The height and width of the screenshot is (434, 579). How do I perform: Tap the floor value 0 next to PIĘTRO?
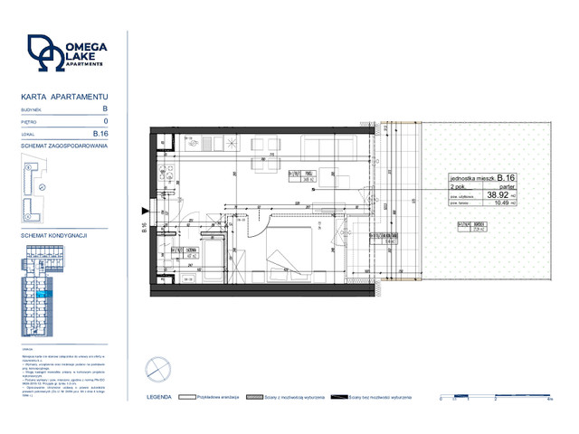[106, 121]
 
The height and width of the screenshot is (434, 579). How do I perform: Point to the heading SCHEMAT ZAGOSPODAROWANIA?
[63, 146]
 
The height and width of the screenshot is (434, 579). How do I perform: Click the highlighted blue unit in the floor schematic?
[42, 295]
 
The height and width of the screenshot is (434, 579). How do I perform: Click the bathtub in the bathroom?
[211, 254]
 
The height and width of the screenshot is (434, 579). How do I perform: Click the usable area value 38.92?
[498, 193]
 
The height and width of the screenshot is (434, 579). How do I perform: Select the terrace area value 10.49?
[498, 203]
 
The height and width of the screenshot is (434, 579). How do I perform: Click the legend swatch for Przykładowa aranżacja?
[188, 396]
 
